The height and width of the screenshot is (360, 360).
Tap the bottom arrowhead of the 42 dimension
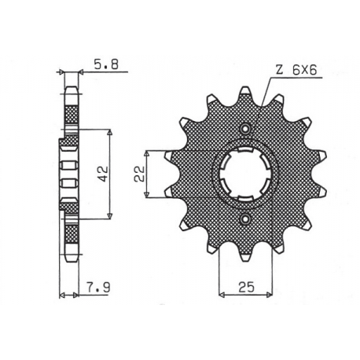109,218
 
